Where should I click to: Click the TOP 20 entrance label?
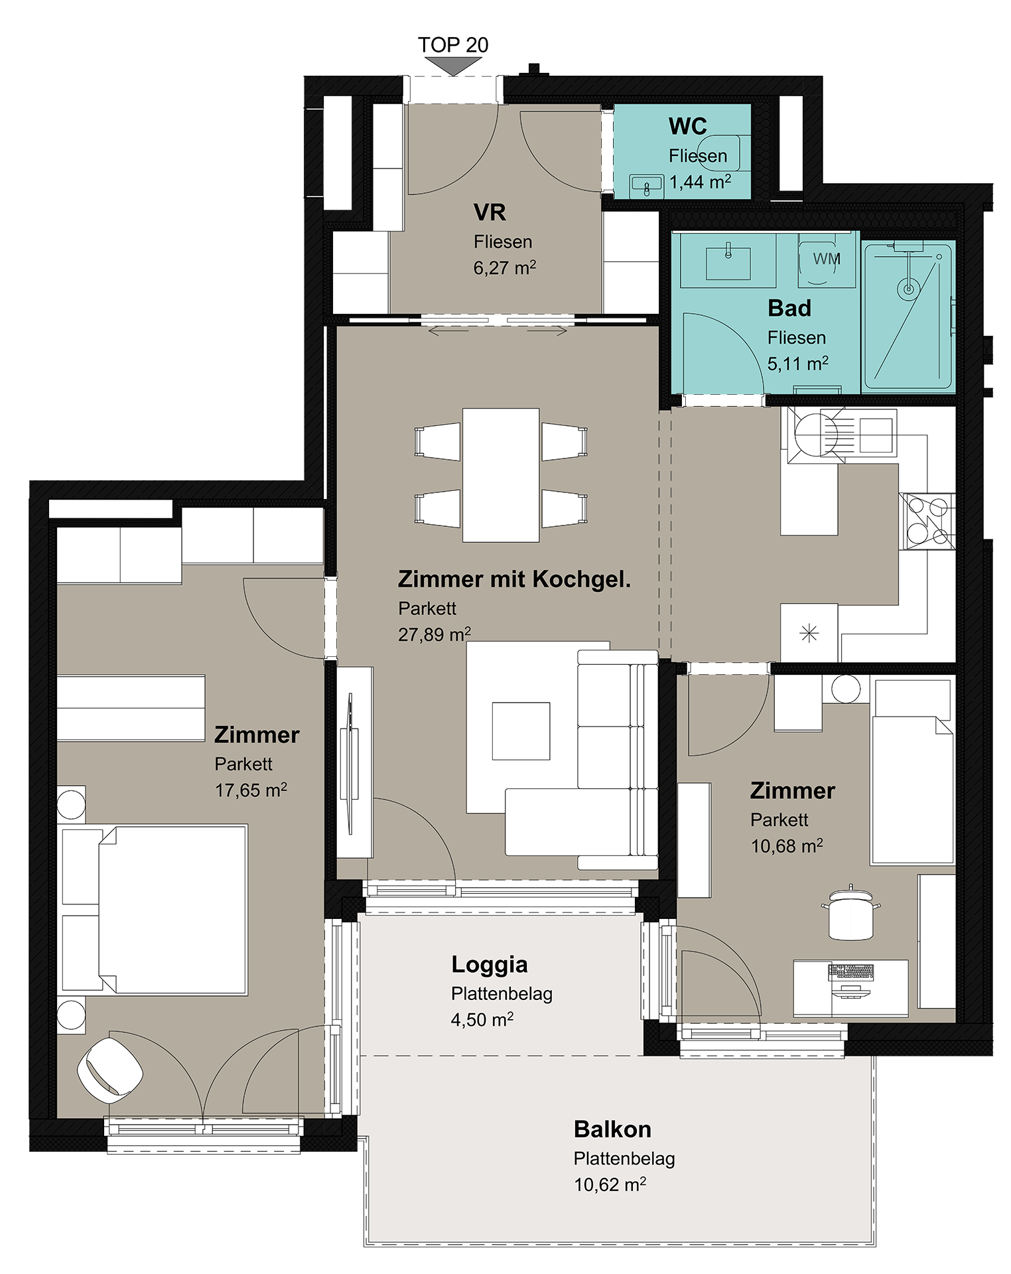[453, 44]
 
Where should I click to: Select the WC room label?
[688, 126]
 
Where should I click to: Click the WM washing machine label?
[827, 259]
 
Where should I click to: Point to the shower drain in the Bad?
[908, 289]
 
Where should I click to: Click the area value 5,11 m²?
[798, 364]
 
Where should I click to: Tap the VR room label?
[490, 212]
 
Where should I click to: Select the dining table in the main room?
[501, 475]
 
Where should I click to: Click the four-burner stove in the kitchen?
[927, 521]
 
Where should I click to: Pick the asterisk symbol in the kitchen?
[809, 633]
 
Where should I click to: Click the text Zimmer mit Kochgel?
[514, 579]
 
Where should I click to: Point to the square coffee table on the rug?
[521, 731]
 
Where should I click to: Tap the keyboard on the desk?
[851, 972]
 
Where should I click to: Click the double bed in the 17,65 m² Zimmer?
[155, 910]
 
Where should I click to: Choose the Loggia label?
[490, 965]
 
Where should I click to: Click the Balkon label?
[612, 1129]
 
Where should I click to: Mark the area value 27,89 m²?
[435, 634]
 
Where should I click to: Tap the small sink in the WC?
[646, 186]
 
